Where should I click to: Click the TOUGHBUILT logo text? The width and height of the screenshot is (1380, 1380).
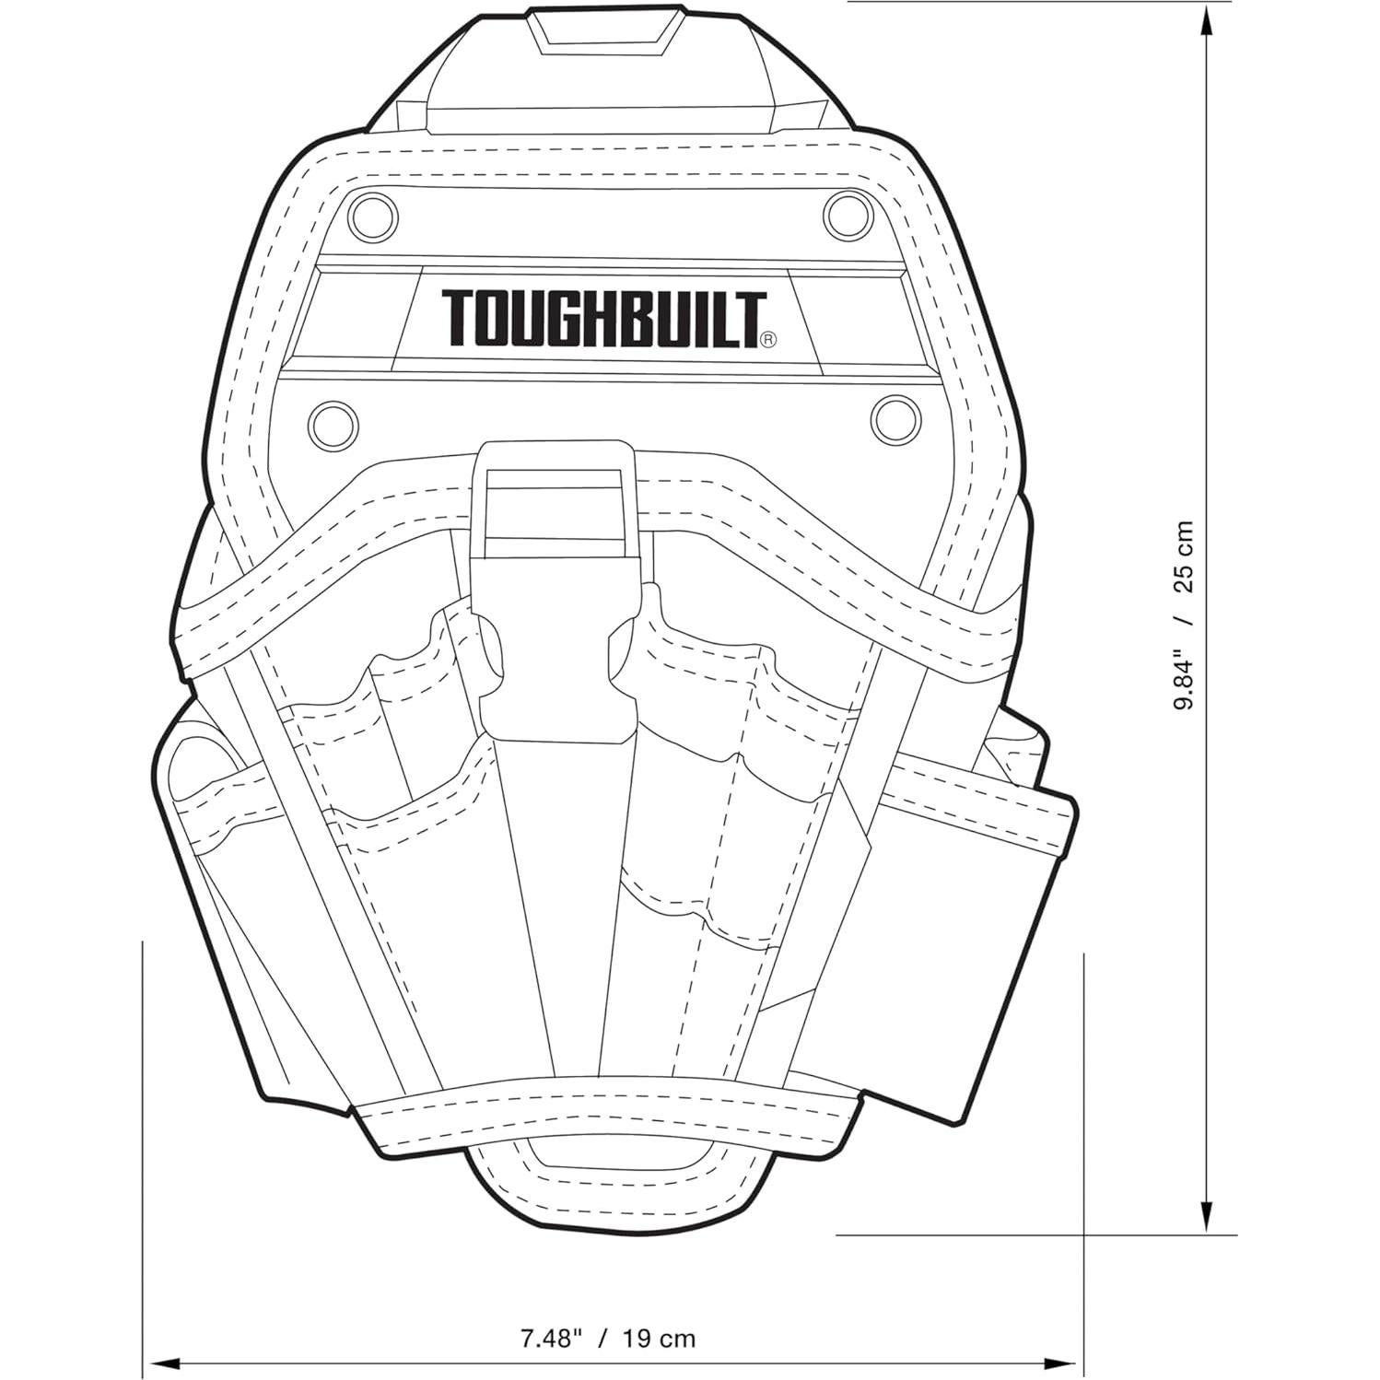coord(603,319)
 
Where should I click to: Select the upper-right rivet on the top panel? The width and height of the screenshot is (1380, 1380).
coord(847,213)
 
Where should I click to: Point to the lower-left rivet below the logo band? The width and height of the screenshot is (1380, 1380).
coord(334,423)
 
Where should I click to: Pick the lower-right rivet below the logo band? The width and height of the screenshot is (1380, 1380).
coord(894,419)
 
